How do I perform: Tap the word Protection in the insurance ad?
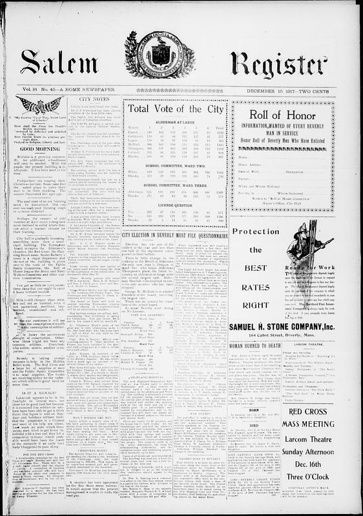pyautogui.click(x=256, y=232)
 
